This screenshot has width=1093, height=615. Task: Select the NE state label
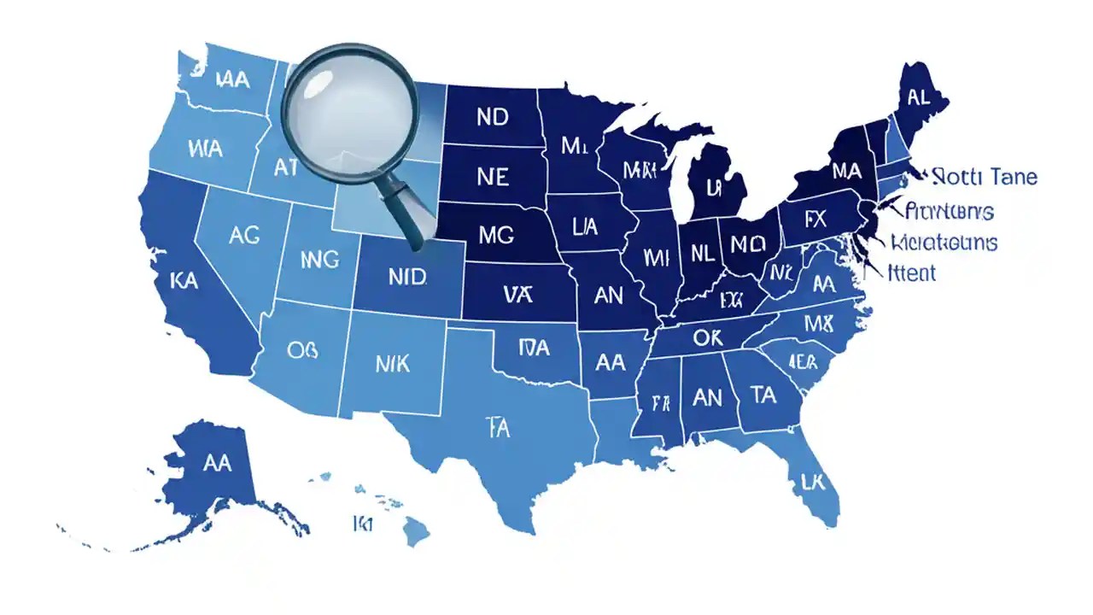(492, 177)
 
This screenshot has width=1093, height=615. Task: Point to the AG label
(244, 237)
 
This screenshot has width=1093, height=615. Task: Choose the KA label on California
(184, 280)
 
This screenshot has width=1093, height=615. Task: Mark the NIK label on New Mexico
(393, 364)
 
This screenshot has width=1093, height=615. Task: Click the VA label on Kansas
(517, 296)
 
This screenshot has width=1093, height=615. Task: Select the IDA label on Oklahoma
(535, 347)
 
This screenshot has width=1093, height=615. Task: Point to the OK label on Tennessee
(707, 338)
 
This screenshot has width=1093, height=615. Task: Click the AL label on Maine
(919, 97)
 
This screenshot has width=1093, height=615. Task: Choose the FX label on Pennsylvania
(816, 219)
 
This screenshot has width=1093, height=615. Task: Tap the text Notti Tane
(985, 178)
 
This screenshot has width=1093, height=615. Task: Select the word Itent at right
(912, 273)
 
